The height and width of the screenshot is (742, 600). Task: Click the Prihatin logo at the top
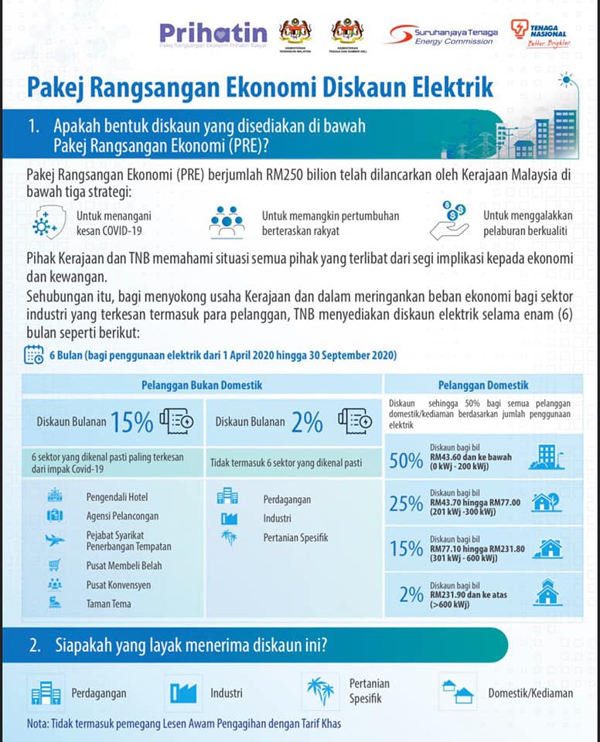point(213,33)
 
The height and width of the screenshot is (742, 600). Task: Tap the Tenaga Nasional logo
point(539,33)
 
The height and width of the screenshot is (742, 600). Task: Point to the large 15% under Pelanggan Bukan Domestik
point(131,422)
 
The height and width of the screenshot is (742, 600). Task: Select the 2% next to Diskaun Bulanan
point(307,422)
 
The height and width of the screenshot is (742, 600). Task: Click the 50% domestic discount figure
point(406,461)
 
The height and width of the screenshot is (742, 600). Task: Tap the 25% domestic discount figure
point(406,504)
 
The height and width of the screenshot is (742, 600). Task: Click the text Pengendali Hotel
point(117,497)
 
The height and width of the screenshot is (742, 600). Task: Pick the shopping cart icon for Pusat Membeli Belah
point(55,564)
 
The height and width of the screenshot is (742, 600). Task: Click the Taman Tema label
point(108,604)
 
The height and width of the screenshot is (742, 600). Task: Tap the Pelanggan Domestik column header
point(483,384)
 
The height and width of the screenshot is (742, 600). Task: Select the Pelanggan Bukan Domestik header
point(202,385)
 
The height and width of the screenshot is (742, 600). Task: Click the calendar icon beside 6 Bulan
point(34,355)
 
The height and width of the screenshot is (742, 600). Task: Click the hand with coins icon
point(450,220)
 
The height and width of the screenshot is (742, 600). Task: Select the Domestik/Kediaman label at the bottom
point(530,693)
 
